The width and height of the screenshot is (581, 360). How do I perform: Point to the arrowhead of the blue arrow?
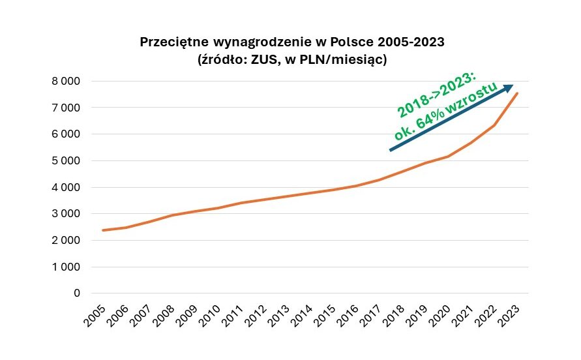pyautogui.click(x=508, y=88)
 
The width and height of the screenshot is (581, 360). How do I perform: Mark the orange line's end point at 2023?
pyautogui.click(x=517, y=93)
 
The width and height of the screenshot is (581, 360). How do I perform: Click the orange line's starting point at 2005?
pyautogui.click(x=102, y=230)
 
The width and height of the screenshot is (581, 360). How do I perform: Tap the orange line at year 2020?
pyautogui.click(x=448, y=157)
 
